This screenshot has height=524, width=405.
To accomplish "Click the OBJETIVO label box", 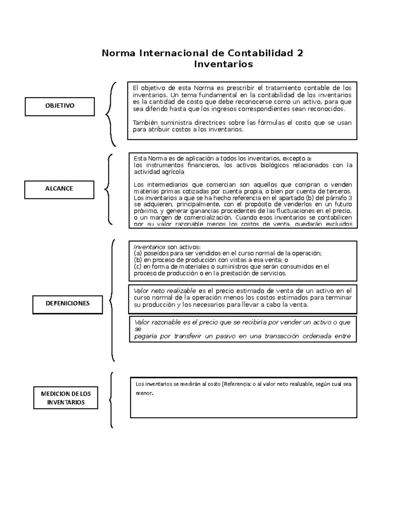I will [x=60, y=106].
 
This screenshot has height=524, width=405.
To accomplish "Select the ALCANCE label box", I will [x=59, y=189].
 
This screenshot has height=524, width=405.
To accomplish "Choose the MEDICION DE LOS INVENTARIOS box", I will [x=66, y=398].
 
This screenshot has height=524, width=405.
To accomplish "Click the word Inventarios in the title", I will [x=223, y=64].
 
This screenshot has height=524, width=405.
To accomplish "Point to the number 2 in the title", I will [x=300, y=53].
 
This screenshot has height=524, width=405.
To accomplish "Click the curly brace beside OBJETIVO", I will [x=110, y=114].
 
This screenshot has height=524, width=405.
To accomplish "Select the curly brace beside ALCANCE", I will [x=109, y=189].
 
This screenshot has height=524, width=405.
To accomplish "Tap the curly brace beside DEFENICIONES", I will [x=112, y=300].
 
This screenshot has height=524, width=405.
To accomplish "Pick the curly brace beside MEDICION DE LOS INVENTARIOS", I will [x=111, y=400].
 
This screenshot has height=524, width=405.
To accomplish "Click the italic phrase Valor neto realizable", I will [x=165, y=291].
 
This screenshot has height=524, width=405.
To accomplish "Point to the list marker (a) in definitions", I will [x=138, y=253].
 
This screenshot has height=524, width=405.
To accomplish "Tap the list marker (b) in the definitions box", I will [x=138, y=260].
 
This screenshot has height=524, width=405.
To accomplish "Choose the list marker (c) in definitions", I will [x=138, y=267].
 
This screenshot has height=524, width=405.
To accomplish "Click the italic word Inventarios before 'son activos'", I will [x=150, y=247].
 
